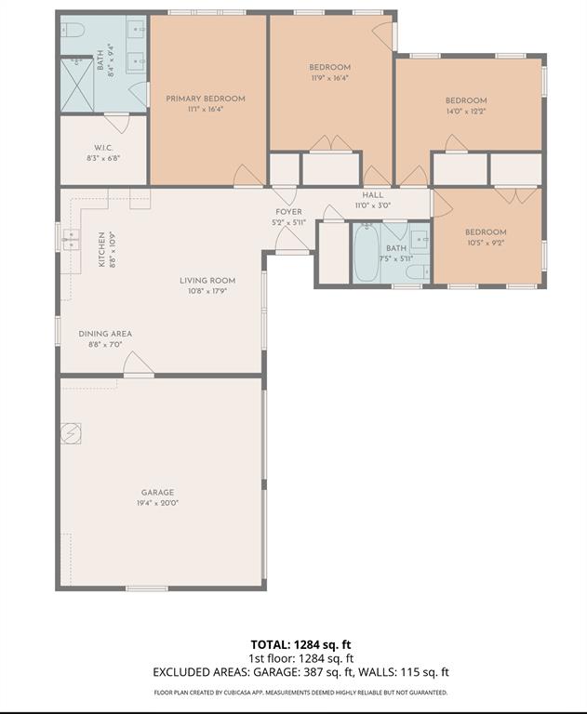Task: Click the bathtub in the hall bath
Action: [x=366, y=253]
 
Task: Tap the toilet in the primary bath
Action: [x=73, y=31]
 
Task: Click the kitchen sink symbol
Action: [x=71, y=240]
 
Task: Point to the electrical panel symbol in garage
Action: [x=71, y=433]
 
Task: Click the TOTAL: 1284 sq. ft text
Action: [x=300, y=644]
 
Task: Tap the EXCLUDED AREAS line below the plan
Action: [x=300, y=672]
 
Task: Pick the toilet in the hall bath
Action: [x=418, y=271]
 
